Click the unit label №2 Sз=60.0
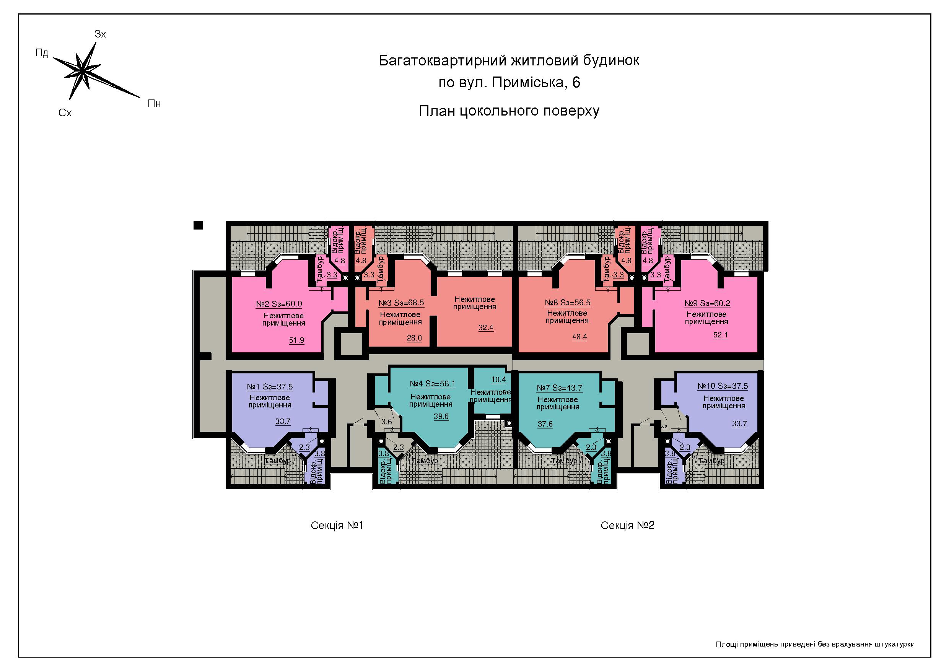279,304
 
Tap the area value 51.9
296,340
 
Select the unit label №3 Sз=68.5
401,303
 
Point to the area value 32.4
486,328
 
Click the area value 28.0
414,338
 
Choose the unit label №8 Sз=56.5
568,303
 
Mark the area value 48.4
579,337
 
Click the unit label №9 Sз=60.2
707,303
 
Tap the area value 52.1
720,335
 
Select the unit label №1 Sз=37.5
270,387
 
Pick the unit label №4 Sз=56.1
432,384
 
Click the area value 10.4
498,380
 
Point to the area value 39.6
441,417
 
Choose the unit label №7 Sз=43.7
560,388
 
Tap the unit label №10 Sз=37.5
723,386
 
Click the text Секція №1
337,526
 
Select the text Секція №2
627,526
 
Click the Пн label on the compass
154,104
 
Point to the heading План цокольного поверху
509,111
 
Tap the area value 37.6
545,424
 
